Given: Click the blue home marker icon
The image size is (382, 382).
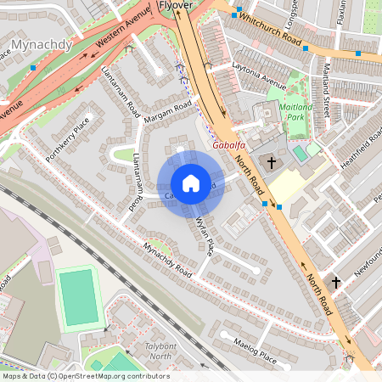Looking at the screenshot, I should [190, 183].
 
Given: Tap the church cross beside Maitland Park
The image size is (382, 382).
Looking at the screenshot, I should [272, 162].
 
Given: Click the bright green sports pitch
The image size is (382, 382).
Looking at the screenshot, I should [79, 297].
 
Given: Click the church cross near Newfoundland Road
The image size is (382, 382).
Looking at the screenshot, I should [335, 282].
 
